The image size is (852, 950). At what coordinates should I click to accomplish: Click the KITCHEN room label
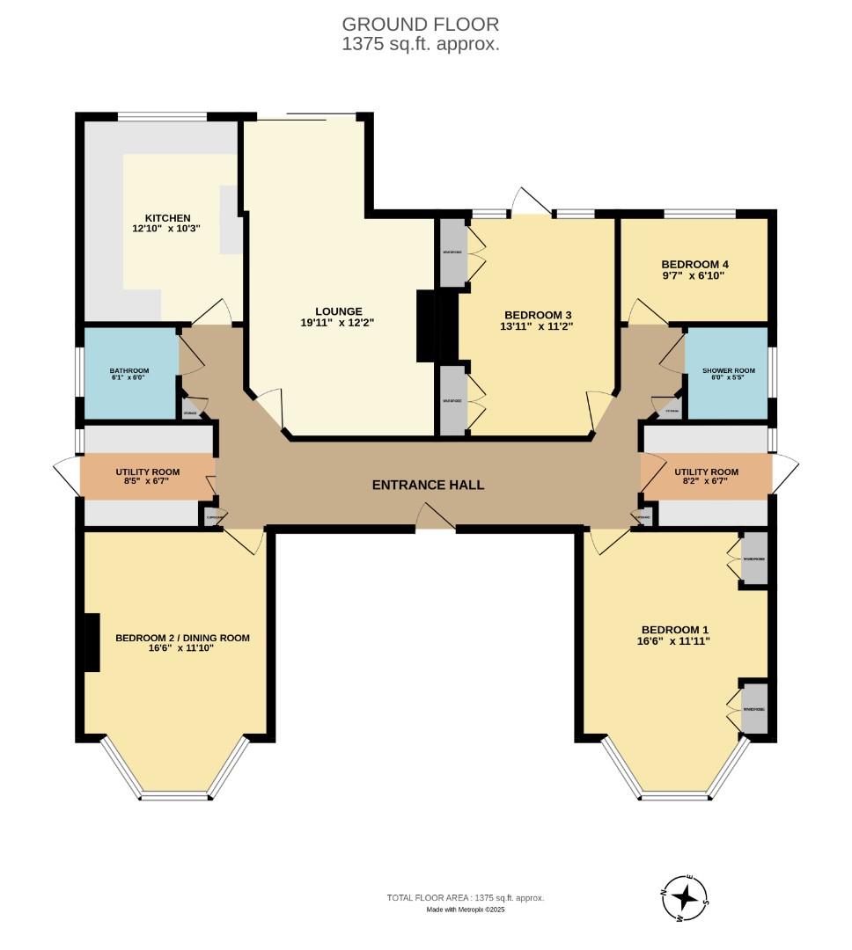(167, 218)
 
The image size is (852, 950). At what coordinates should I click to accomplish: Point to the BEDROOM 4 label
(694, 264)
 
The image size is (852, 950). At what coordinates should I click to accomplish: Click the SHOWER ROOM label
(728, 371)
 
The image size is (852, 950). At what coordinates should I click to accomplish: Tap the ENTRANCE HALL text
(428, 485)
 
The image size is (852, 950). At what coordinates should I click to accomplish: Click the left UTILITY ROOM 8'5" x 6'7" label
(147, 477)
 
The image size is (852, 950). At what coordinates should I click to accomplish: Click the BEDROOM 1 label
(674, 630)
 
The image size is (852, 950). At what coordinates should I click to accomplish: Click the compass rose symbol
(685, 899)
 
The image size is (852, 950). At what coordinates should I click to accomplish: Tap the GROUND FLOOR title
(420, 24)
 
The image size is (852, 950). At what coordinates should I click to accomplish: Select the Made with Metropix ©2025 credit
(466, 910)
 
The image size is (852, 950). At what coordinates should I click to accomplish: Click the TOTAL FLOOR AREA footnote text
(466, 897)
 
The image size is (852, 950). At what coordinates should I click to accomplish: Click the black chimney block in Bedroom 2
(88, 642)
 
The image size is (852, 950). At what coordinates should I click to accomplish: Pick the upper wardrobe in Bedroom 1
(754, 559)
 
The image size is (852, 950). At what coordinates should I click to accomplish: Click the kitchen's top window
(163, 116)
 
